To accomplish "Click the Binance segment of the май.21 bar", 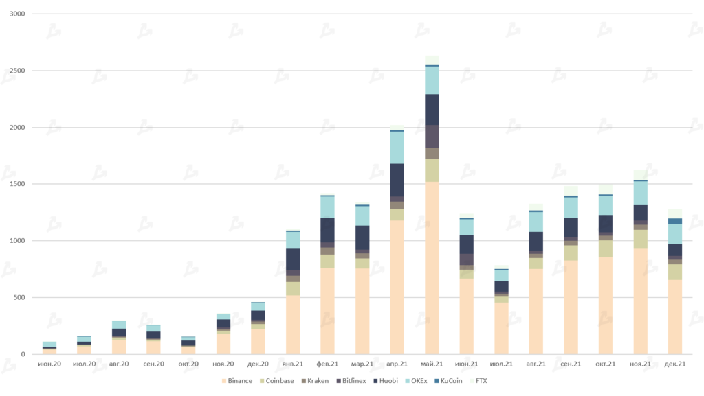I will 432,268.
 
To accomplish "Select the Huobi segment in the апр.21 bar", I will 397,180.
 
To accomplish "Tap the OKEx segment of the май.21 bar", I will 432,80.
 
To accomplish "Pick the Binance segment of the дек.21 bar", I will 674,316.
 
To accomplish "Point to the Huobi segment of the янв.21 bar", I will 293,259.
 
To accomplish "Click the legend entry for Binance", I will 236,381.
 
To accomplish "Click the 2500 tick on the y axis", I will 17,71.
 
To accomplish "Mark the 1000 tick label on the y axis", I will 17,241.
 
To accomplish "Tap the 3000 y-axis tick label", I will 17,14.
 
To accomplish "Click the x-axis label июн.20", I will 49,364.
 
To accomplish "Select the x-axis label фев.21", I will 327,364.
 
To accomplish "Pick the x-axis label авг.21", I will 536,364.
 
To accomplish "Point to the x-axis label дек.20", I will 258,364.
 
